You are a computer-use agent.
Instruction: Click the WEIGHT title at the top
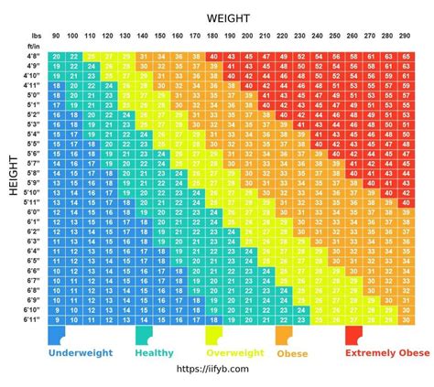click(228, 16)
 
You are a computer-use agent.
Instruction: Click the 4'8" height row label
click(34, 57)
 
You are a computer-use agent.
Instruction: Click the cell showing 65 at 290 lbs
click(405, 57)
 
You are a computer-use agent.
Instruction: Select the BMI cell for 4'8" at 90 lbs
click(57, 57)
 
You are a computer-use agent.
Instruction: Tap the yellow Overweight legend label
click(234, 352)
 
